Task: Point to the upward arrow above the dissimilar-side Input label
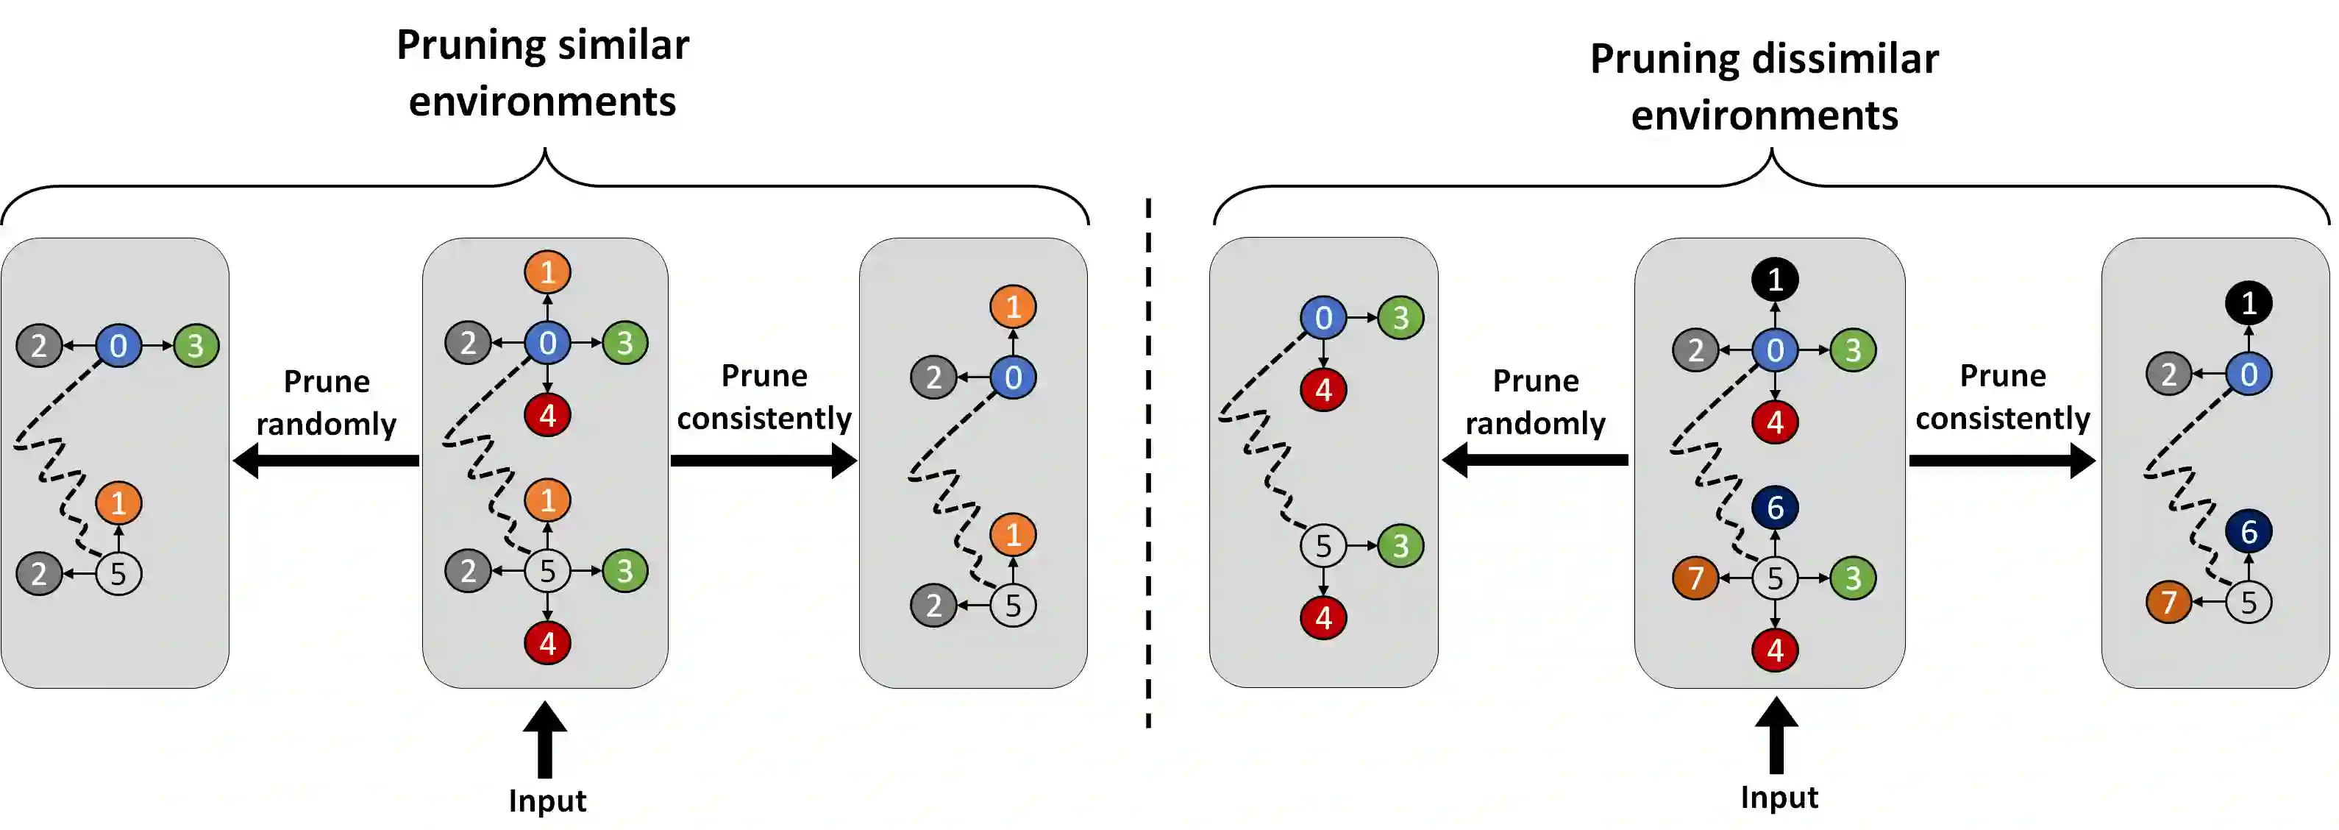(1776, 736)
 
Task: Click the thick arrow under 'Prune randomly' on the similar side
(327, 461)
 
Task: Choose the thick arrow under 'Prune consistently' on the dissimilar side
(2001, 461)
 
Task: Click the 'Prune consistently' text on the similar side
(763, 397)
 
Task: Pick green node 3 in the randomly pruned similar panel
(195, 346)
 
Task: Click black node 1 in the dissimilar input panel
(1775, 280)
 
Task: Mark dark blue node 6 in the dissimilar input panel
(1775, 508)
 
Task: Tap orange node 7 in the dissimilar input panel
(1695, 578)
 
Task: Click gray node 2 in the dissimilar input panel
(1695, 350)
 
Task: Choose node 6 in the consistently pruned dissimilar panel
(2249, 531)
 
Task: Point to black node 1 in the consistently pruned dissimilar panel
(2249, 302)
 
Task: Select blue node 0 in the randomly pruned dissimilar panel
(1323, 318)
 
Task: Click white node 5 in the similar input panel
(547, 571)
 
